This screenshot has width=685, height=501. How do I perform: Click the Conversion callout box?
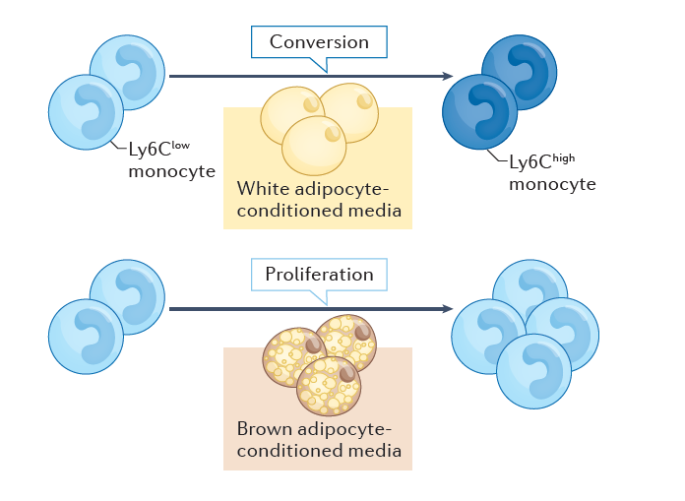click(319, 42)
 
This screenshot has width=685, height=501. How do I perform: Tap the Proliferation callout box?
click(319, 275)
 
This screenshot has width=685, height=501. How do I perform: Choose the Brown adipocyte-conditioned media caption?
click(314, 440)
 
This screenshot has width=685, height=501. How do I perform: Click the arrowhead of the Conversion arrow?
click(447, 76)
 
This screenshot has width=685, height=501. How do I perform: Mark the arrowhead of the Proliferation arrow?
click(447, 309)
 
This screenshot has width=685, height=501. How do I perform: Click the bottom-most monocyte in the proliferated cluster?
click(533, 371)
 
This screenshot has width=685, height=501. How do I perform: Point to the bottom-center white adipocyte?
click(314, 145)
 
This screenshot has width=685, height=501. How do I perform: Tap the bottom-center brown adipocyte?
click(329, 386)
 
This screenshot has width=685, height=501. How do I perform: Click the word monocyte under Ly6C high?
click(552, 184)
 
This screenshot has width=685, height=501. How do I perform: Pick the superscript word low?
click(203, 146)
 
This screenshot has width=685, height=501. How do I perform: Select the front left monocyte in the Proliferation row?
click(86, 336)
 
